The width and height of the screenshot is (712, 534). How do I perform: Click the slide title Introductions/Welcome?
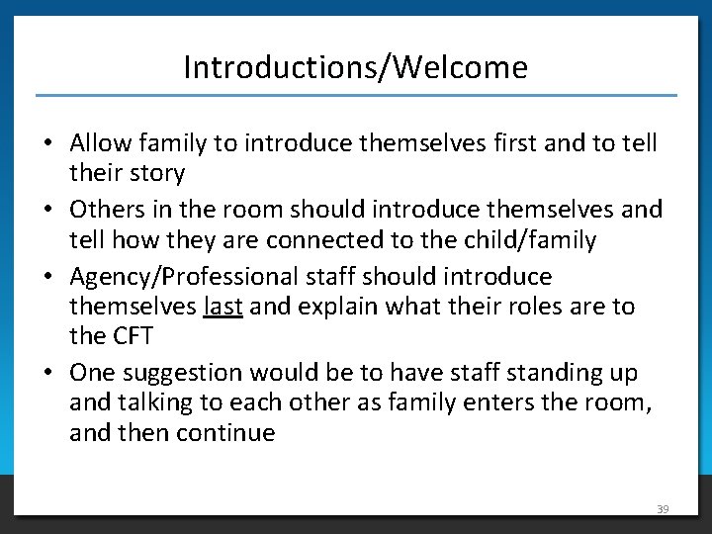pyautogui.click(x=355, y=67)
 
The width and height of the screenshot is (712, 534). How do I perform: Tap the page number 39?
pyautogui.click(x=663, y=509)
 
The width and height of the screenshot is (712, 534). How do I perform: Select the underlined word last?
pyautogui.click(x=222, y=307)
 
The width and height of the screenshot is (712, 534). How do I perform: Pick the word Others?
pyautogui.click(x=107, y=210)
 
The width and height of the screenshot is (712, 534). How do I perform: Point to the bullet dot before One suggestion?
pyautogui.click(x=47, y=374)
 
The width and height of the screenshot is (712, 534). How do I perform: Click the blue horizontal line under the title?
pyautogui.click(x=356, y=95)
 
